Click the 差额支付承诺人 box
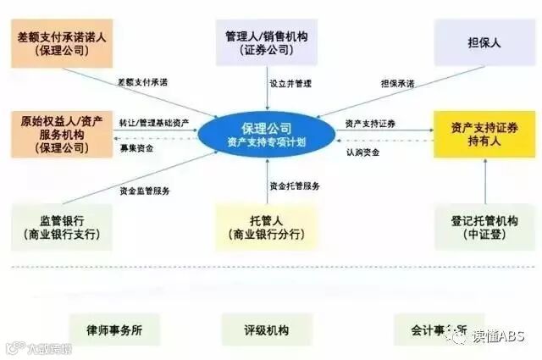64,43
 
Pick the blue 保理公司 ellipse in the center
267,134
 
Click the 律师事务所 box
111,329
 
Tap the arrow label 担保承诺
397,83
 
